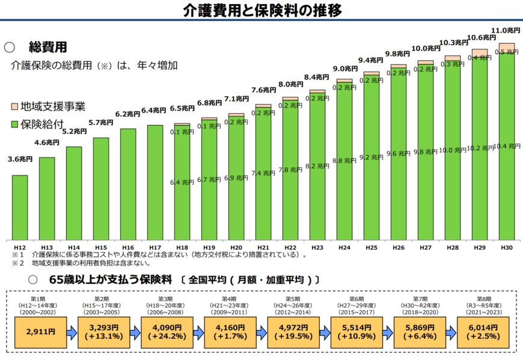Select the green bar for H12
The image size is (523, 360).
[20, 207]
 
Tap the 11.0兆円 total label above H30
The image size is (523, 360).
[506, 30]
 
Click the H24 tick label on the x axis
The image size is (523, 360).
[344, 247]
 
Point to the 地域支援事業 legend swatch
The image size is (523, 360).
[15, 107]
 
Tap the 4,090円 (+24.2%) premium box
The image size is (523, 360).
[166, 331]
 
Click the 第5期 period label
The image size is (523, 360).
[293, 299]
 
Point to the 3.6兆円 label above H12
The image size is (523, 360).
[20, 159]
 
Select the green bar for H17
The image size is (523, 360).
[155, 182]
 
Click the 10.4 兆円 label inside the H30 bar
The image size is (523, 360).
[507, 145]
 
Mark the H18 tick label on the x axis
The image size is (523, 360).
[182, 247]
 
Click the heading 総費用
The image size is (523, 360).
[47, 47]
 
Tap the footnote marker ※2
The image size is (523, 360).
[17, 263]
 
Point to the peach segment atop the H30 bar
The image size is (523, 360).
[507, 48]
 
